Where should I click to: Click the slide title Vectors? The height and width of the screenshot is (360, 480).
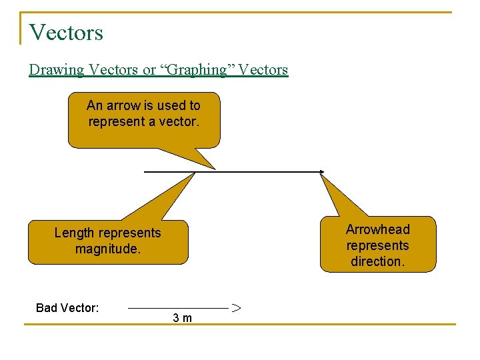(66, 31)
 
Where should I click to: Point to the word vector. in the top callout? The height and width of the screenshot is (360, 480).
(180, 121)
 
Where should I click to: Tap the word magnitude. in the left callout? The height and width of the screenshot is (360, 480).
(107, 249)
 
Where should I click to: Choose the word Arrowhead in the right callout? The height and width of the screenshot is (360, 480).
(377, 229)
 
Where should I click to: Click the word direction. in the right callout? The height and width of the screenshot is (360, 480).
(377, 261)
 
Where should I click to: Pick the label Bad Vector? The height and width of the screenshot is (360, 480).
(67, 308)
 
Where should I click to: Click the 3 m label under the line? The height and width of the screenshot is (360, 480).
(182, 318)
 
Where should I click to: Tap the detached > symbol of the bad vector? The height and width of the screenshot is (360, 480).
(236, 308)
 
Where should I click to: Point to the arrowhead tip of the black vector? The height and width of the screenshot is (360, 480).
(323, 172)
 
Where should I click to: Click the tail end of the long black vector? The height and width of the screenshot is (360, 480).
(146, 172)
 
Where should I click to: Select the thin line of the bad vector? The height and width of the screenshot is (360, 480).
(177, 308)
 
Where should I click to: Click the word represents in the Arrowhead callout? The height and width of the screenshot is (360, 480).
(377, 245)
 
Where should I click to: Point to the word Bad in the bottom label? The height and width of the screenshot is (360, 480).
(47, 308)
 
